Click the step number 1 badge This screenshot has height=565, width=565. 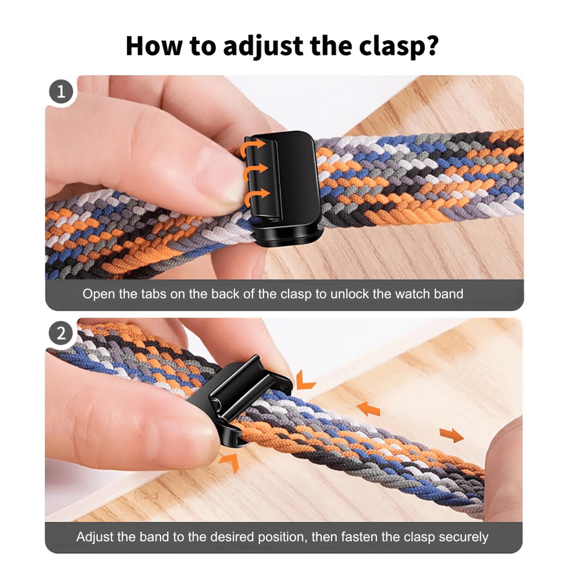(61, 92)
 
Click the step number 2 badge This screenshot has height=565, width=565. (61, 333)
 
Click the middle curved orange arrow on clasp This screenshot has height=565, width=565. (254, 170)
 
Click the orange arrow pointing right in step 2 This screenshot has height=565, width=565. (451, 434)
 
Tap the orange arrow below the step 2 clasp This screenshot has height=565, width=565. (228, 462)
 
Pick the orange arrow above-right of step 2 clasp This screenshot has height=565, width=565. (305, 379)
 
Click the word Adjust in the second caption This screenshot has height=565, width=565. (94, 537)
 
